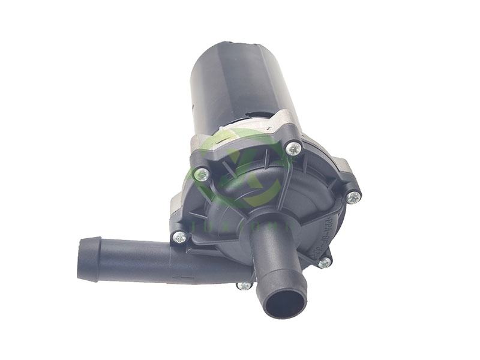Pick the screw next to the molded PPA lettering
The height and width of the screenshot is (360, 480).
point(353,196)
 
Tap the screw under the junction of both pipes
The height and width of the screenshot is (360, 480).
point(244,285)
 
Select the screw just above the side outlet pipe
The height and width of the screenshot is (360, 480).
point(178,237)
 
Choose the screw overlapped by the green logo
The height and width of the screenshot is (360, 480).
point(202,175)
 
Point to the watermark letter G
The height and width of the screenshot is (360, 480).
point(252,226)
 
